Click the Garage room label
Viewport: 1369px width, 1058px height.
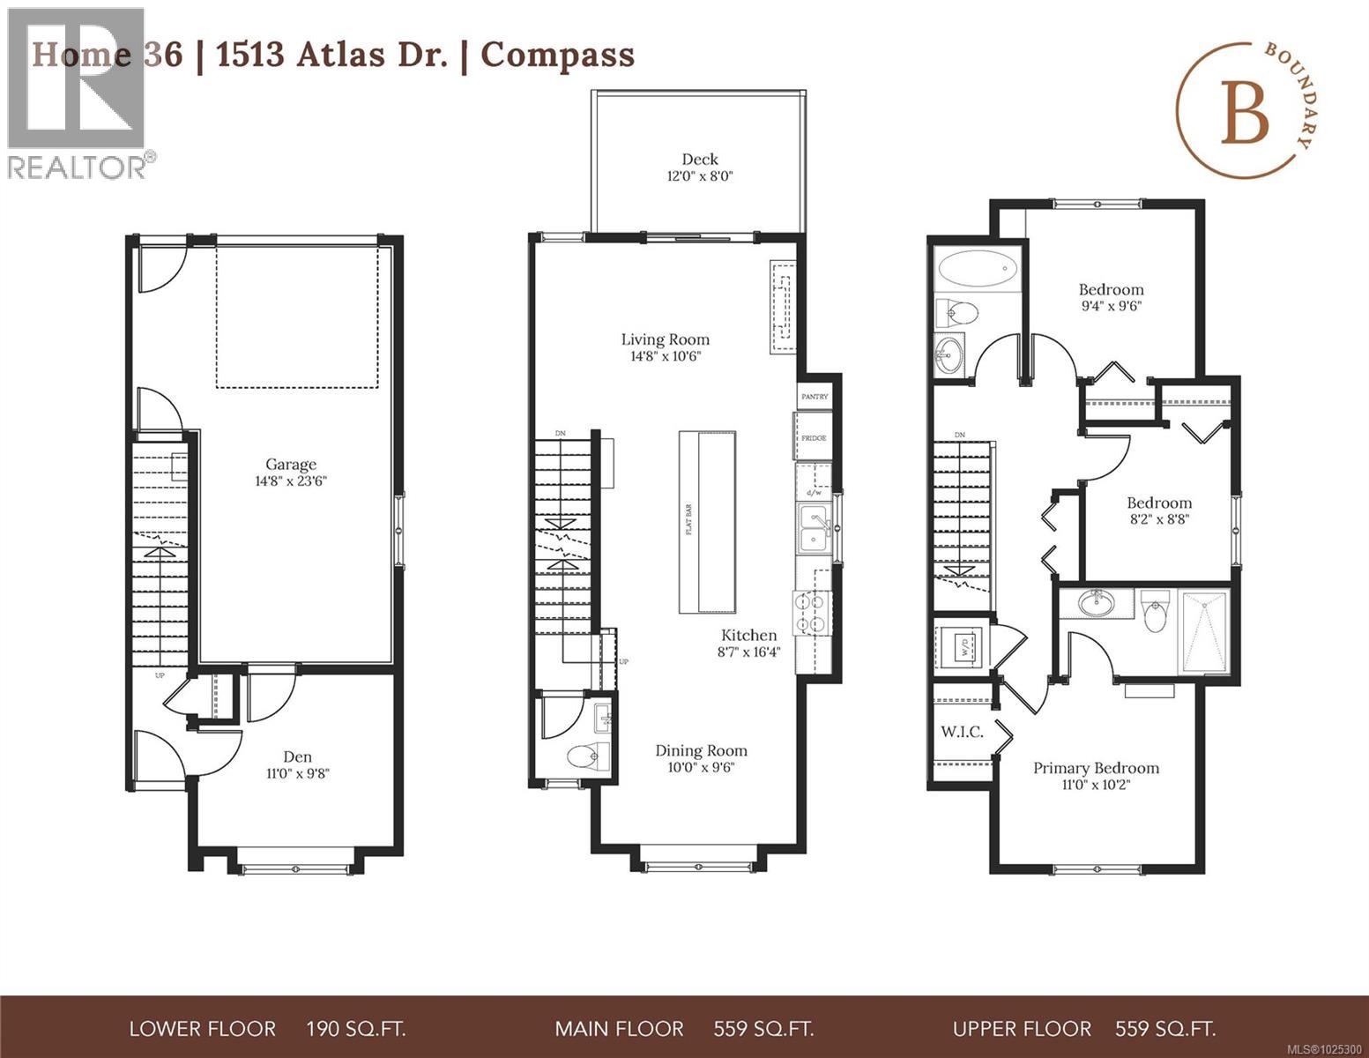pos(291,464)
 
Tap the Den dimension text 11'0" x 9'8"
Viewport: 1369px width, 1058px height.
pos(297,773)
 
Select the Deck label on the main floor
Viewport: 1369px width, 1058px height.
pos(700,160)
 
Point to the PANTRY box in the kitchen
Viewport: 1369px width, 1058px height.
pos(815,397)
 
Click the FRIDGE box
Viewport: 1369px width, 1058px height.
pos(813,437)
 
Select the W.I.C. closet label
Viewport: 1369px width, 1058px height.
pos(962,732)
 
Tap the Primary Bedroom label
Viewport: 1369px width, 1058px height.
pos(1096,768)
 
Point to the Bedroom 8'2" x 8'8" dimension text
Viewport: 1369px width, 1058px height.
pos(1158,519)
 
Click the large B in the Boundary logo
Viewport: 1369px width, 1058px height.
pos(1245,115)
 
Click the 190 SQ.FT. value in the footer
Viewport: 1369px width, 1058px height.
pos(355,1029)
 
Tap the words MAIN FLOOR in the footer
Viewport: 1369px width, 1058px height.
pos(619,1029)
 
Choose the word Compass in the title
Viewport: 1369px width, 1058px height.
pos(557,55)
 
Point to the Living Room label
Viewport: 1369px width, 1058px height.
pos(665,339)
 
